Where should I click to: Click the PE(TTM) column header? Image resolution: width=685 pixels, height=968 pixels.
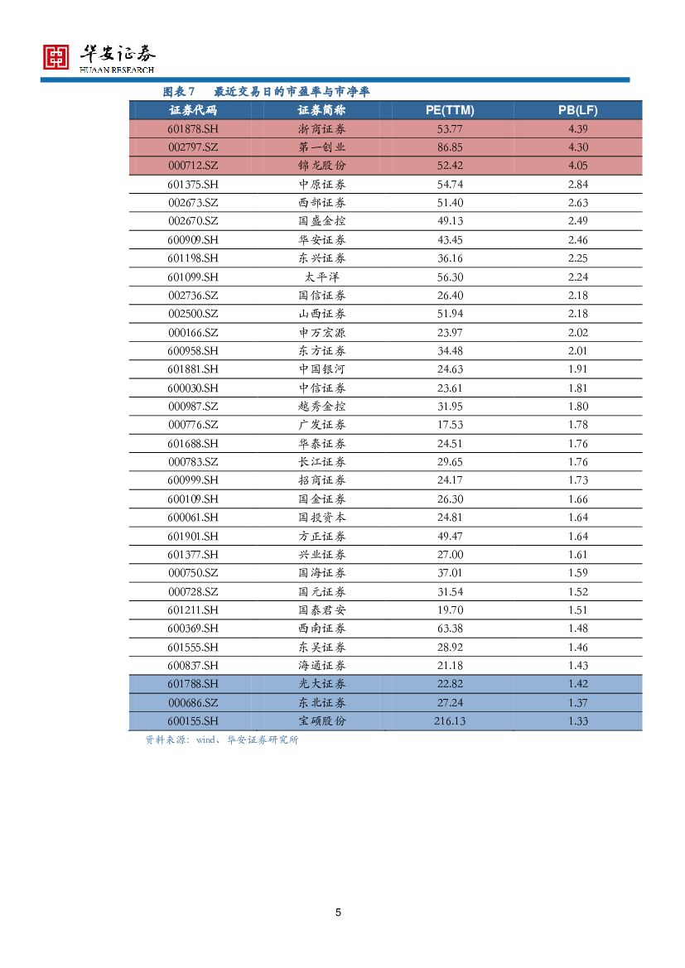pyautogui.click(x=449, y=110)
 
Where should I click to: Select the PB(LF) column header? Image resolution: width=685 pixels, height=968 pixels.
pyautogui.click(x=577, y=110)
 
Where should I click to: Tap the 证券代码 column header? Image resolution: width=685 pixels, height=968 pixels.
pyautogui.click(x=192, y=110)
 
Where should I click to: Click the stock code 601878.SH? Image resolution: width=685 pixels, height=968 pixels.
pyautogui.click(x=192, y=129)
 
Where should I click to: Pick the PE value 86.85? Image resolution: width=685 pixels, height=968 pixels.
pyautogui.click(x=449, y=147)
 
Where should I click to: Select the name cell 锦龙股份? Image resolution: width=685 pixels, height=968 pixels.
pyautogui.click(x=321, y=166)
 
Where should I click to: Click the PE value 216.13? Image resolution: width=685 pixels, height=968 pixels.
pyautogui.click(x=449, y=721)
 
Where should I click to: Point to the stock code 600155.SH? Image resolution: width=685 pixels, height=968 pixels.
pyautogui.click(x=192, y=721)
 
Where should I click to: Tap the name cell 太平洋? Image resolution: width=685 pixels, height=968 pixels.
pyautogui.click(x=321, y=277)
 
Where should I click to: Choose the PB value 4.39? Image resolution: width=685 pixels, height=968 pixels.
pyautogui.click(x=577, y=129)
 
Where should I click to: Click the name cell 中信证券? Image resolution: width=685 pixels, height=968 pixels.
pyautogui.click(x=321, y=388)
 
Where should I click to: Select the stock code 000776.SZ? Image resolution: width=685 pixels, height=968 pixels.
pyautogui.click(x=192, y=425)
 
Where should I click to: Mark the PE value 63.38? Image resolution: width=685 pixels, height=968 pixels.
pyautogui.click(x=449, y=628)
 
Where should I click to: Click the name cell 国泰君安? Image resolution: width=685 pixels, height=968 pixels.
pyautogui.click(x=321, y=610)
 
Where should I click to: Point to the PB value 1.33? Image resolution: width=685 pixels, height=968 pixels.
pyautogui.click(x=577, y=721)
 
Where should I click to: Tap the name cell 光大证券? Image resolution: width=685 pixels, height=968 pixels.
pyautogui.click(x=321, y=684)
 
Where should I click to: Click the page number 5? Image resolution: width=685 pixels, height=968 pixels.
pyautogui.click(x=338, y=913)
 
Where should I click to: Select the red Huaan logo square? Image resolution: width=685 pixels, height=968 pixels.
pyautogui.click(x=56, y=56)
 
